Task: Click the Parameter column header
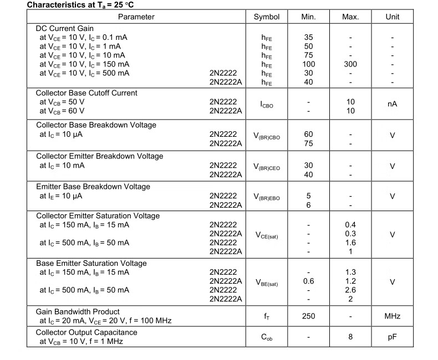(x=136, y=17)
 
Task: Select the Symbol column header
(x=267, y=17)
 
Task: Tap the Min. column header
(x=308, y=17)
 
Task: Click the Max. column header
(x=350, y=17)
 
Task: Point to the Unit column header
(x=393, y=17)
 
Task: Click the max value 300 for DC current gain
(x=350, y=64)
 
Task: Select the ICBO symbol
(x=267, y=104)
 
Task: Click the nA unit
(x=393, y=104)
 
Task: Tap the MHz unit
(x=393, y=316)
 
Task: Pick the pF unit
(x=393, y=336)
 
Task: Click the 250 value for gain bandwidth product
(x=308, y=316)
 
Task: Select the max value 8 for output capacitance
(x=350, y=336)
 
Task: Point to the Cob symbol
(x=267, y=337)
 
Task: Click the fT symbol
(x=267, y=317)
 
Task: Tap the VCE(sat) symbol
(x=267, y=235)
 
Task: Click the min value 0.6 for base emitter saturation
(x=308, y=281)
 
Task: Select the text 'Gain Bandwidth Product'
(x=78, y=312)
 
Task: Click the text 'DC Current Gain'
(x=65, y=29)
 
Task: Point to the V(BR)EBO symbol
(x=267, y=197)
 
